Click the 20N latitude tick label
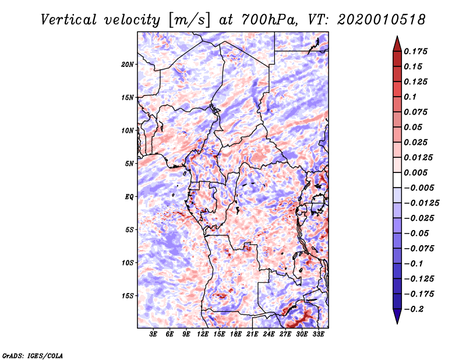tap(127, 64)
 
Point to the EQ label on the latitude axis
tap(129, 197)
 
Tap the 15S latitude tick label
tap(128, 296)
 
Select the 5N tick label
tap(129, 164)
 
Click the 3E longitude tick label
tap(153, 334)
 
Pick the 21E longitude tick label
tap(252, 334)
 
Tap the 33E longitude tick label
tap(318, 334)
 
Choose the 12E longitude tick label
tap(203, 334)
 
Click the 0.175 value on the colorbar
tap(415, 51)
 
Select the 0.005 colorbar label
tap(415, 172)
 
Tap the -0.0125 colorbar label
tap(421, 203)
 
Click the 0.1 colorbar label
tap(410, 97)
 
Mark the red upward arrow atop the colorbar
tap(397, 44)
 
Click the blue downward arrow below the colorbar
tap(397, 316)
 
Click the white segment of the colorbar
tap(397, 180)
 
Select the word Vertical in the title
tap(68, 20)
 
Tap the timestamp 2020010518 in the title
tap(382, 20)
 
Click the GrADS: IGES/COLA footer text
tap(33, 356)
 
